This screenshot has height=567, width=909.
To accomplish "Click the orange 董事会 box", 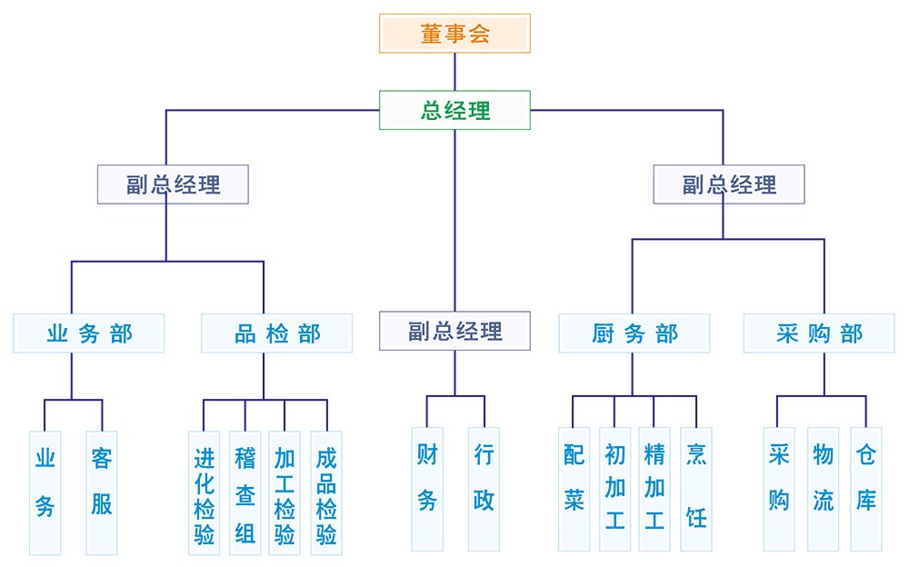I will coord(454,34).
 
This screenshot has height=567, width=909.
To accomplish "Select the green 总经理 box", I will coord(454,110).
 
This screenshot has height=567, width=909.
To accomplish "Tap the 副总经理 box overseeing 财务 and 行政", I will coord(454,331).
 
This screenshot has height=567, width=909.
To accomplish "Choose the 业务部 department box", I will coord(89,333).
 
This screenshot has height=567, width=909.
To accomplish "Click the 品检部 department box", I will coord(277,333).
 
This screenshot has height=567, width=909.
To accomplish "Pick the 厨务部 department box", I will coord(634,333).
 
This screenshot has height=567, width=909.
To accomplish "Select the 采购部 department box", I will coord(820,333).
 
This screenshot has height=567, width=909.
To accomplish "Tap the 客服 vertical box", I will coord(102,492).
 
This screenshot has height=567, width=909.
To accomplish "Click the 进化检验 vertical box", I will coord(205,492).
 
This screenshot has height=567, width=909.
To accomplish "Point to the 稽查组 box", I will coord(245,492).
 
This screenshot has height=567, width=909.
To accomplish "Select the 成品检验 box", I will coord(326,492).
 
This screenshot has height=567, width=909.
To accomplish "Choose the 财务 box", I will coord(427,489).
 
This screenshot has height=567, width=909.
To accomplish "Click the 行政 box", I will coord(484,489).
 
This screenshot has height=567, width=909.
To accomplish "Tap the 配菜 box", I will coord(574,489).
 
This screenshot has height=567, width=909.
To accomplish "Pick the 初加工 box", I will coord(614,489).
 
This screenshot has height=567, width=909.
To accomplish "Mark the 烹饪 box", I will coord(696,489).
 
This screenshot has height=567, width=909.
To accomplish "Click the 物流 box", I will coord(823,489).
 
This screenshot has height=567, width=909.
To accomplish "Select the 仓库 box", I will coord(865,489).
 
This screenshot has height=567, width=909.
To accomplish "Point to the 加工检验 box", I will coord(285,492).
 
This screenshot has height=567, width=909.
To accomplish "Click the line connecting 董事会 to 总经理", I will coord(454,72).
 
